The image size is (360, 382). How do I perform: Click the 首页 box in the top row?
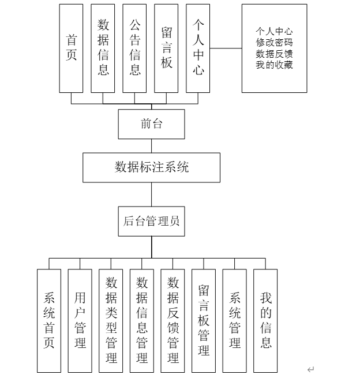[x=72, y=48]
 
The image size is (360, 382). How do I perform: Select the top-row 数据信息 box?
[x=103, y=48]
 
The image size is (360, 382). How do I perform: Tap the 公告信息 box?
[x=135, y=48]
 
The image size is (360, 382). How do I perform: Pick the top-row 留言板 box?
[x=167, y=48]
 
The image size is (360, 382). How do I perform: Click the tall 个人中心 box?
[x=198, y=48]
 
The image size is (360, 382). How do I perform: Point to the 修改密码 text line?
[x=274, y=42]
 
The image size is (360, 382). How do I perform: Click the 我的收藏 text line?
[x=274, y=65]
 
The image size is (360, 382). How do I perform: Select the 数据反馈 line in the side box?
[x=274, y=54]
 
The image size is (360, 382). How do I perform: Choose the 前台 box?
[x=152, y=124]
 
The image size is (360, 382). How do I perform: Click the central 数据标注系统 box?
[x=151, y=167]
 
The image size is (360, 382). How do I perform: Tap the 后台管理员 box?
[x=152, y=221]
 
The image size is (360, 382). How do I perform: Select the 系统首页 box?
[x=49, y=320]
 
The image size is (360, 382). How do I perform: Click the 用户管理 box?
[x=80, y=320]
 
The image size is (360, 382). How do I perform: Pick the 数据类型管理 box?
[x=111, y=320]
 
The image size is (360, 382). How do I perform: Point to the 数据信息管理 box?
[x=142, y=320]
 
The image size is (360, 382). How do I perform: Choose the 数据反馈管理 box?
[x=173, y=320]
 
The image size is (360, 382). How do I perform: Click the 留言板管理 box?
[x=204, y=320]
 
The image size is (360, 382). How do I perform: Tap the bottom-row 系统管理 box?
[x=235, y=320]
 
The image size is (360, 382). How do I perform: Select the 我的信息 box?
[x=265, y=320]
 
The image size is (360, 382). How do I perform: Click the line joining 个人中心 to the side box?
[x=226, y=48]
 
